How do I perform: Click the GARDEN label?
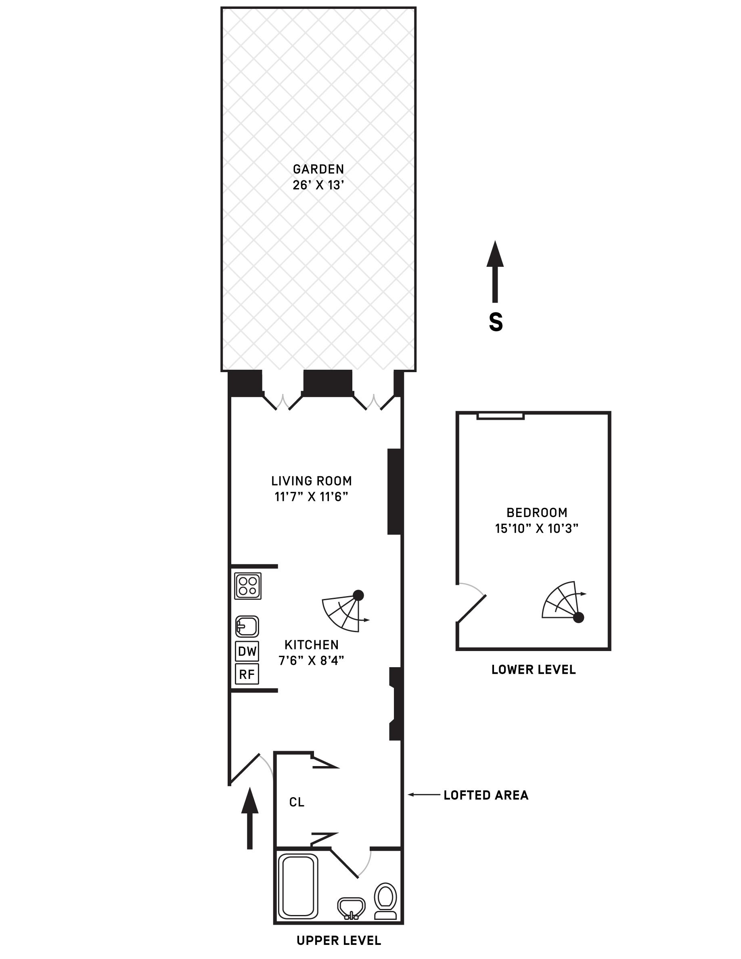[318, 169]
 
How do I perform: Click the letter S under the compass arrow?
[496, 323]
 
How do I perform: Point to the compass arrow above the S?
[495, 272]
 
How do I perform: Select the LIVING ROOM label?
[311, 481]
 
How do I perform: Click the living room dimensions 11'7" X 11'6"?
[311, 496]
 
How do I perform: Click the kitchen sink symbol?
[247, 626]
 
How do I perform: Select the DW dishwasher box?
[247, 651]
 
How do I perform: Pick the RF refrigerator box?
[247, 674]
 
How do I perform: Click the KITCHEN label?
[311, 645]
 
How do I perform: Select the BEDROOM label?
[537, 513]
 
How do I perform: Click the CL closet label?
[297, 802]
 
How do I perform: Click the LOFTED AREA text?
[486, 795]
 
